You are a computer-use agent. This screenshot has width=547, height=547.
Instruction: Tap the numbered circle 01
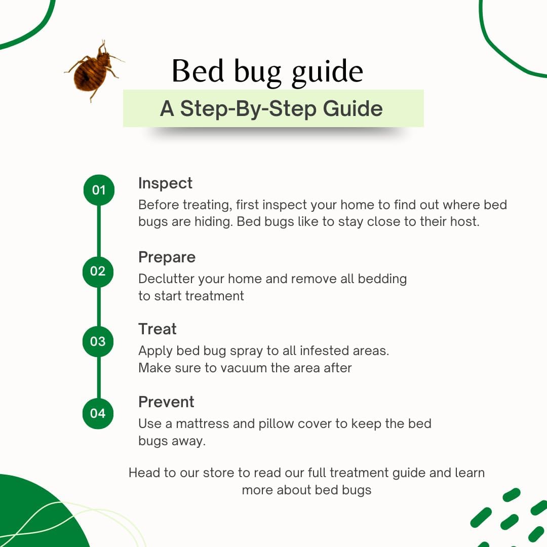tap(99, 190)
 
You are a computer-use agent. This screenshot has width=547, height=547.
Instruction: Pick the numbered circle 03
tap(98, 341)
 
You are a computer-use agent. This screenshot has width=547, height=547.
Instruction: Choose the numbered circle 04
tap(98, 413)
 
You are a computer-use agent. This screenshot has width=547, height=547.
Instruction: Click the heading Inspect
tap(165, 183)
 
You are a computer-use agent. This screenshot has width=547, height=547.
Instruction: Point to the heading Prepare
tap(167, 257)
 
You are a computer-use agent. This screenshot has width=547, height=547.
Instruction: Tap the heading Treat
tap(157, 329)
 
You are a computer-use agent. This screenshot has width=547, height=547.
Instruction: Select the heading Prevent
tap(166, 402)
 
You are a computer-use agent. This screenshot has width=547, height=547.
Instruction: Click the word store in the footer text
tap(219, 473)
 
